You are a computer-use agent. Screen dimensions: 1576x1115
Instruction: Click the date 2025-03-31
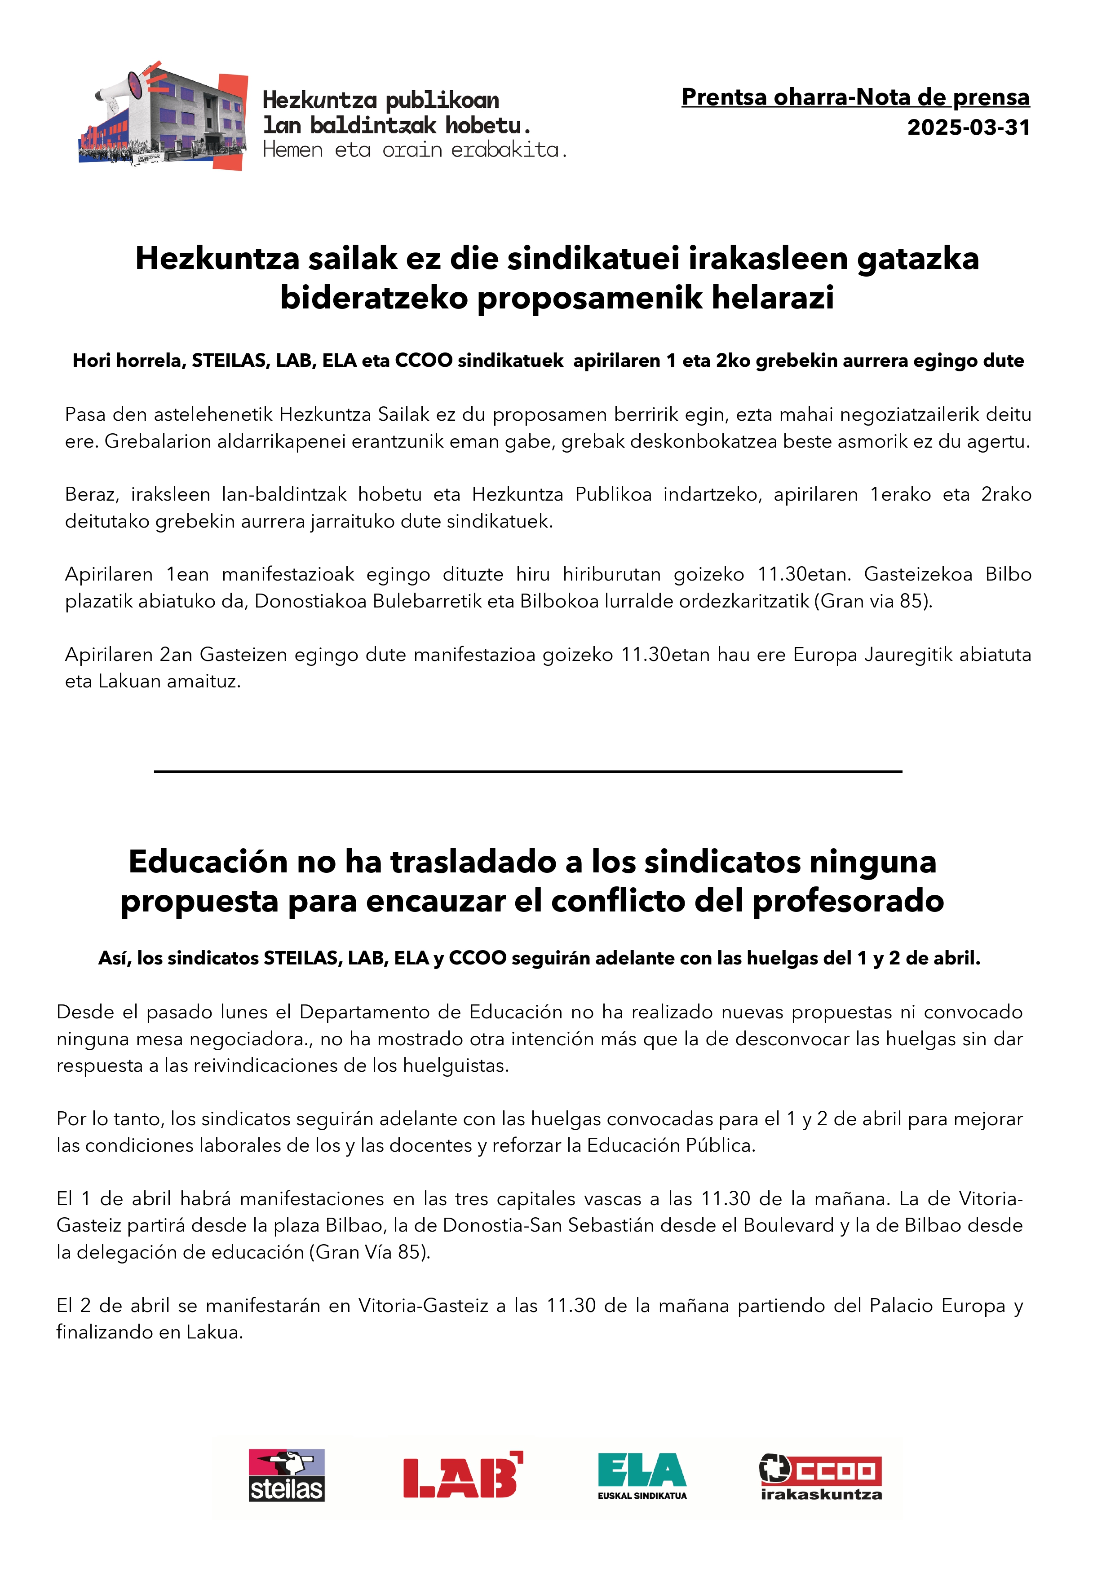coord(968,128)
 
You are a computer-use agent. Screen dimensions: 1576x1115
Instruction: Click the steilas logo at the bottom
coord(286,1475)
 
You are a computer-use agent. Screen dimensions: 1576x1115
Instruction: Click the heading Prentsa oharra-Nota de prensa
coord(855,97)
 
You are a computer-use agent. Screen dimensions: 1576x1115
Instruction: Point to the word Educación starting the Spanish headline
coord(208,862)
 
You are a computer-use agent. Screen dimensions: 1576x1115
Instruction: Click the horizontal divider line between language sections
coord(527,771)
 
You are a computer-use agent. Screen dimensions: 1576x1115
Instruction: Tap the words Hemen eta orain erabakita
coord(415,150)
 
